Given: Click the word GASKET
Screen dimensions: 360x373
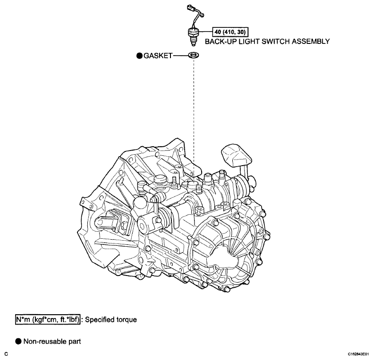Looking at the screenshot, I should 158,56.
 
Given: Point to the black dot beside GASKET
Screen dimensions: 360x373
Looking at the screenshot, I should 140,56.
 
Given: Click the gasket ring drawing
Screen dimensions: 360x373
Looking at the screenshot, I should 194,56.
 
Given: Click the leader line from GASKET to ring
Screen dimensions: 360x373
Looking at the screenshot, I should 181,56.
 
